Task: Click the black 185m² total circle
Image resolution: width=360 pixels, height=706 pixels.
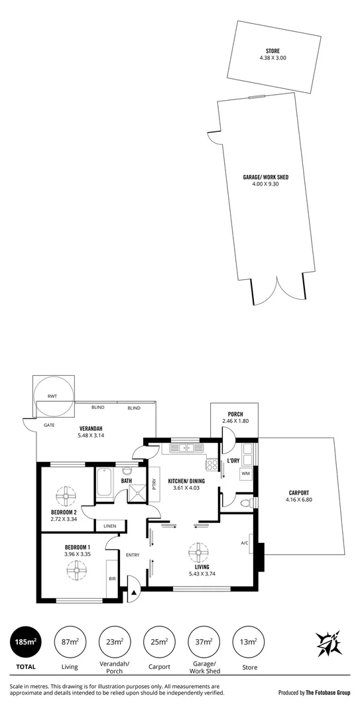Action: pyautogui.click(x=25, y=642)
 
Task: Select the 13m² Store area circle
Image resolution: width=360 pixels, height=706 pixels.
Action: pyautogui.click(x=249, y=642)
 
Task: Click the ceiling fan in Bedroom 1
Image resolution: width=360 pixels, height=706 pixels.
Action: pyautogui.click(x=77, y=569)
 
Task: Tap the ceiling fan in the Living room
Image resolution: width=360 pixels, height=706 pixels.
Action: pyautogui.click(x=198, y=551)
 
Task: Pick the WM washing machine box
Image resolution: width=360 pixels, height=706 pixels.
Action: pyautogui.click(x=245, y=474)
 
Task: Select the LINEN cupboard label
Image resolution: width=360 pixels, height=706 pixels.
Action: pyautogui.click(x=109, y=526)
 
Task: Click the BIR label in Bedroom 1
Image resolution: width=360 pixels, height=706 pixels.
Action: pyautogui.click(x=111, y=578)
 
